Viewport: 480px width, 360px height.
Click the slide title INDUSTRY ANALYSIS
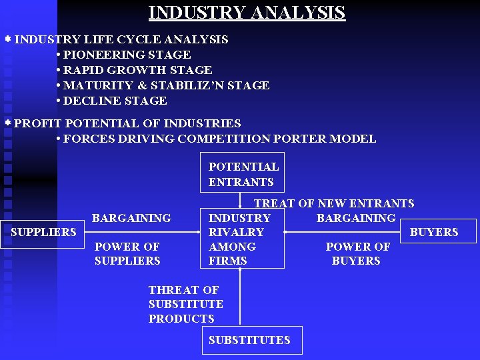[x=247, y=13]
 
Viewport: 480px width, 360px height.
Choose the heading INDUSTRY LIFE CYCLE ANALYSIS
[x=121, y=39]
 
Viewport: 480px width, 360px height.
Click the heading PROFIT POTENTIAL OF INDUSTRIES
[x=127, y=123]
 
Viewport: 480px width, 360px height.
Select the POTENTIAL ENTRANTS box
[x=243, y=174]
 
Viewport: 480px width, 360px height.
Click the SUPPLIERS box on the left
[x=43, y=232]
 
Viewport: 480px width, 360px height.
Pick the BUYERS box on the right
[x=434, y=232]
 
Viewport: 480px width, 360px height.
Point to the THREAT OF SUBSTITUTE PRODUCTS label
[x=185, y=304]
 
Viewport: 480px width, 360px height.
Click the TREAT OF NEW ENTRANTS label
[x=333, y=203]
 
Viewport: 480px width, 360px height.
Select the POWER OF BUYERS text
[x=357, y=253]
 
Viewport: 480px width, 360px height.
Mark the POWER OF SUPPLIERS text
[x=127, y=253]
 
